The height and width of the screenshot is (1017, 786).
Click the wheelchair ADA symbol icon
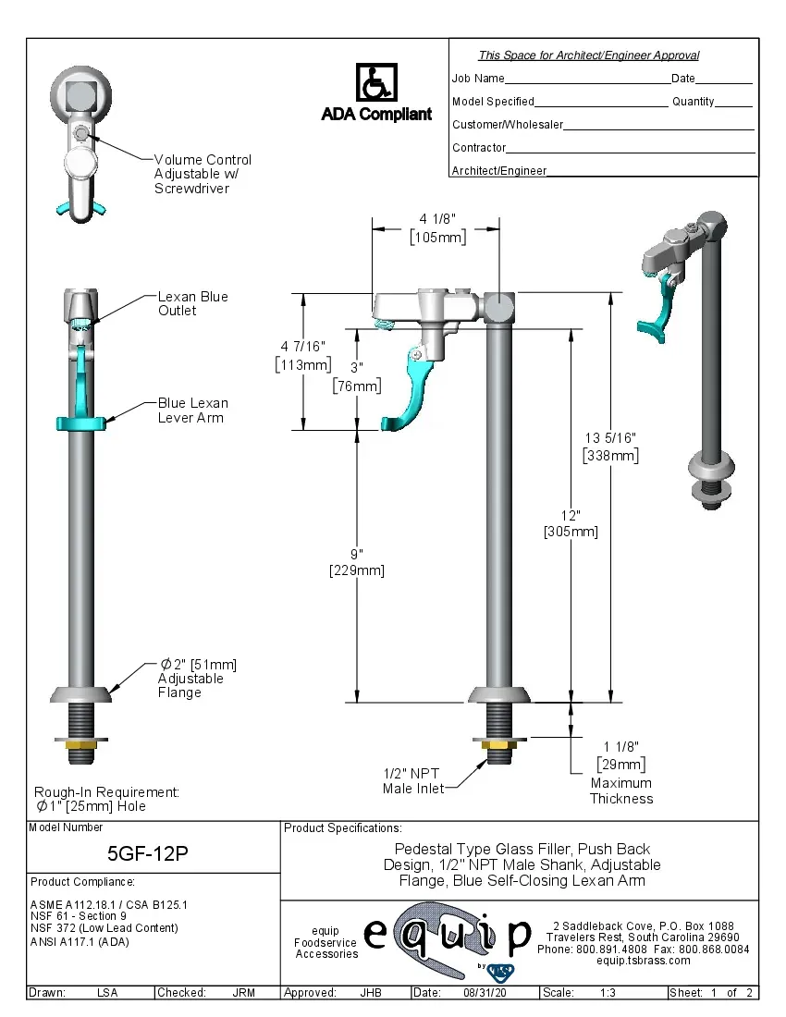click(376, 83)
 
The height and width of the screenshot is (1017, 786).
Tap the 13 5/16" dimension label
click(610, 446)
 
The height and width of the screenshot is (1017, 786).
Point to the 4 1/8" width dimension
click(437, 227)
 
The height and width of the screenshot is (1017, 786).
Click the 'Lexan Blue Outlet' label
click(192, 303)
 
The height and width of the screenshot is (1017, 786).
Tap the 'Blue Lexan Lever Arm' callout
click(192, 410)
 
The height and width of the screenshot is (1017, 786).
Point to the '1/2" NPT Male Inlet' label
click(412, 781)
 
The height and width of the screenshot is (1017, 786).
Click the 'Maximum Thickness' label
click(621, 790)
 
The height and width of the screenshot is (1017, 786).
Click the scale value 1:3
click(608, 993)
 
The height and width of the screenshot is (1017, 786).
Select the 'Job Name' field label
click(478, 79)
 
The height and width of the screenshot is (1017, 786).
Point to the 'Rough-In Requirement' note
click(106, 799)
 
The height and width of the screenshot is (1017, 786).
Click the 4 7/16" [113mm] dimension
click(303, 355)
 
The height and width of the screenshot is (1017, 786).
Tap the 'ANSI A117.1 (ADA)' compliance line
click(79, 942)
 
